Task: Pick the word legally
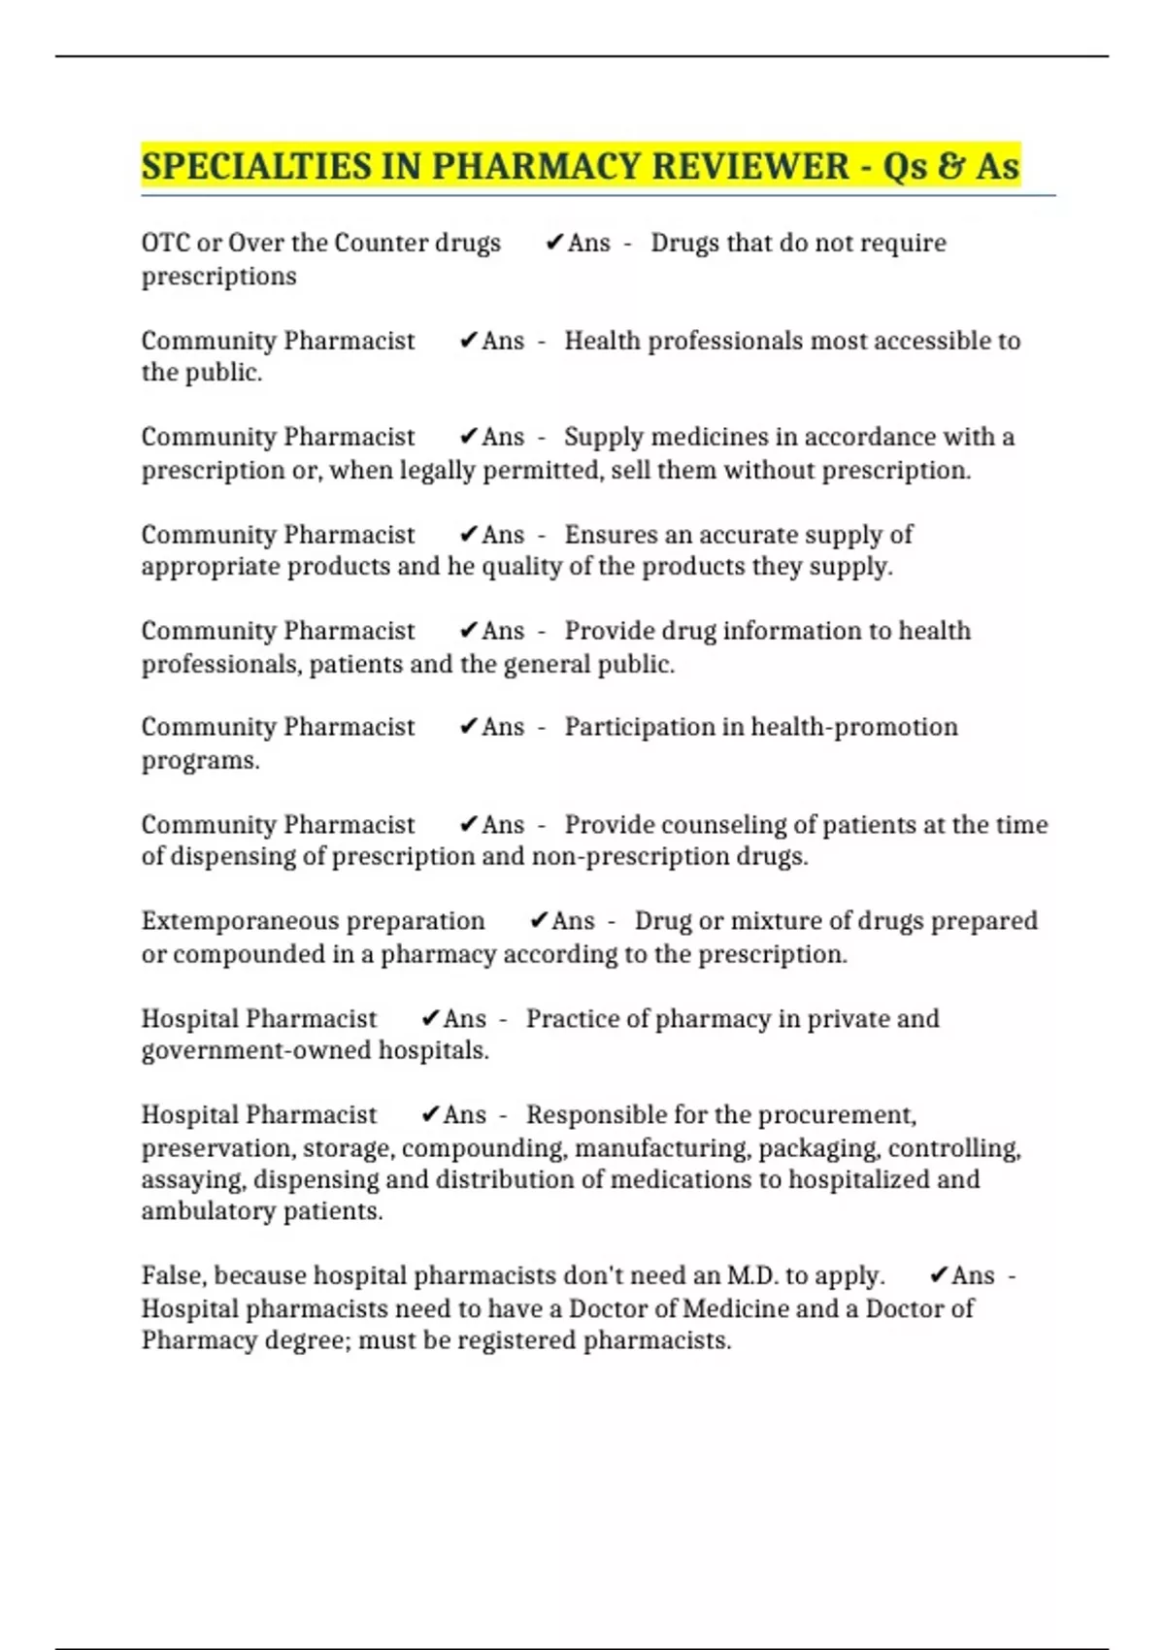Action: (438, 471)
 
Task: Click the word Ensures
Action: (612, 535)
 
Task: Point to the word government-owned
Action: (256, 1050)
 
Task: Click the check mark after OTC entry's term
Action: (554, 243)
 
